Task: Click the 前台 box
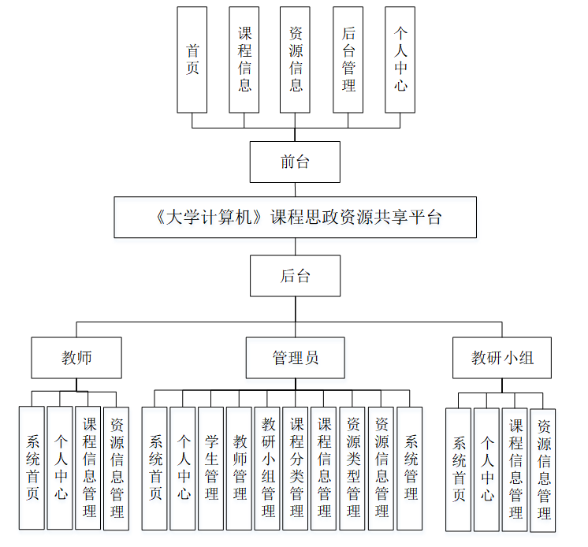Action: pyautogui.click(x=295, y=162)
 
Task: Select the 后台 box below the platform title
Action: pyautogui.click(x=295, y=276)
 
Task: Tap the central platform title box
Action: pyautogui.click(x=295, y=218)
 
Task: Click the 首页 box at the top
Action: pyautogui.click(x=192, y=60)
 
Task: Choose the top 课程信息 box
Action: pyautogui.click(x=244, y=60)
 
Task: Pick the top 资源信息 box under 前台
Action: pyautogui.click(x=296, y=60)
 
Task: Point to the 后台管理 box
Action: pyautogui.click(x=348, y=60)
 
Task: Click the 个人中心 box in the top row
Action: pyautogui.click(x=400, y=60)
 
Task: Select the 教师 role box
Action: pyautogui.click(x=76, y=358)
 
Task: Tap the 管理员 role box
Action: pyautogui.click(x=296, y=358)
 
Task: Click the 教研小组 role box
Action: pyautogui.click(x=502, y=358)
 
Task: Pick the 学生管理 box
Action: pyautogui.click(x=211, y=467)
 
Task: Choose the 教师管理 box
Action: pyautogui.click(x=240, y=467)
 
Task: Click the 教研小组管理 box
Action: pyautogui.click(x=268, y=467)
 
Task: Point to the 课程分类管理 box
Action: pyautogui.click(x=296, y=467)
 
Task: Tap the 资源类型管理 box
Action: pyautogui.click(x=353, y=467)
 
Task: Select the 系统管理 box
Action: pyautogui.click(x=410, y=467)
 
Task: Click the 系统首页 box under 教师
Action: pyautogui.click(x=32, y=467)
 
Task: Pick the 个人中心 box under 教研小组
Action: pyautogui.click(x=487, y=469)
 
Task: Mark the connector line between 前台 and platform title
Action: pyautogui.click(x=296, y=190)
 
